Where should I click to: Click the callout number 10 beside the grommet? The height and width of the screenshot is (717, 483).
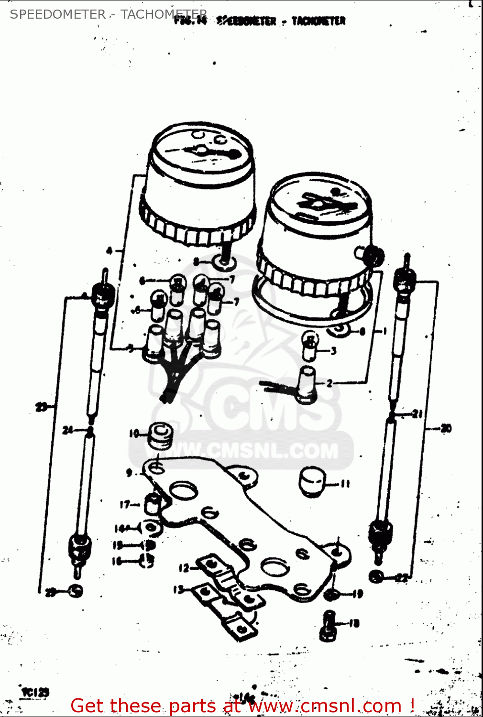click(x=133, y=434)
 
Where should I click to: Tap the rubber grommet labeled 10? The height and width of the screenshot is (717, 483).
click(x=160, y=435)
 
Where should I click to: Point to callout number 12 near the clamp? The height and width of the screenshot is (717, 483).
click(x=184, y=568)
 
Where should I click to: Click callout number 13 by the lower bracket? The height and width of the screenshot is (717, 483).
click(x=178, y=590)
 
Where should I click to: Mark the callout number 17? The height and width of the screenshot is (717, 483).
click(x=125, y=504)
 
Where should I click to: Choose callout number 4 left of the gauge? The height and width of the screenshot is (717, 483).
click(x=109, y=250)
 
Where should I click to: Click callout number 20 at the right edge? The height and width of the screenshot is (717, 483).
click(x=446, y=428)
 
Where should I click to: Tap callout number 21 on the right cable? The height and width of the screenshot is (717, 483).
click(x=417, y=414)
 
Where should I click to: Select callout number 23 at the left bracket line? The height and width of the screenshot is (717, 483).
click(x=41, y=407)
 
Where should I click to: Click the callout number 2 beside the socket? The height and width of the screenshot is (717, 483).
click(x=329, y=383)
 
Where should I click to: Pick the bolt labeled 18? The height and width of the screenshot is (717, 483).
click(x=328, y=626)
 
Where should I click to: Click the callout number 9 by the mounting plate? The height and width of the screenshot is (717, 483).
click(x=129, y=473)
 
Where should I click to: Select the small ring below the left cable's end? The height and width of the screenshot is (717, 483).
click(x=75, y=591)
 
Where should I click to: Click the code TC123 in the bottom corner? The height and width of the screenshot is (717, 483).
click(x=35, y=692)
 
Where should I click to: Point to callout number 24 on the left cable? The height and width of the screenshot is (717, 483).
click(x=68, y=430)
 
